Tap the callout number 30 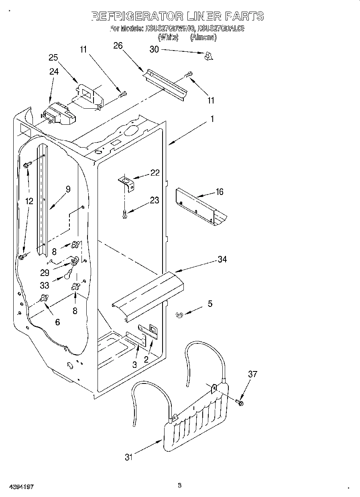coord(154,49)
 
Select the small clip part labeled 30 coord(208,56)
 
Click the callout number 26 coord(118,45)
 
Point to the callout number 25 coord(53,57)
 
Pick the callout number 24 coord(54,71)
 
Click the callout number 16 coord(219,192)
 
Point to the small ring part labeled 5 coord(179,315)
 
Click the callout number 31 coord(128,456)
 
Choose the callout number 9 coord(68,189)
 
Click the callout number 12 coord(29,201)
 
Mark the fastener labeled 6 coord(43,298)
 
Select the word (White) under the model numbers coord(168,37)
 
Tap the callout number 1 coord(212,119)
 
